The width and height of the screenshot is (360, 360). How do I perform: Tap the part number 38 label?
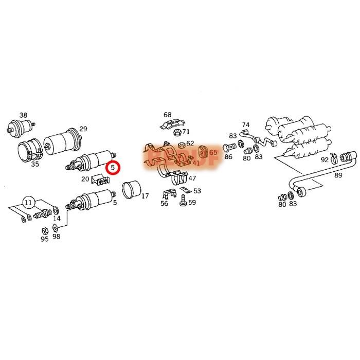pos(24,115)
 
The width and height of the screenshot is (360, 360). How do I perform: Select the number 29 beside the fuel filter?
pos(83,129)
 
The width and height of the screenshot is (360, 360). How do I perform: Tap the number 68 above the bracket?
pos(168,114)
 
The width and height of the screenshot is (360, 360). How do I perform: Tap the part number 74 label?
pos(245,125)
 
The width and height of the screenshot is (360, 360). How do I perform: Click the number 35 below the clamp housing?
pos(35,165)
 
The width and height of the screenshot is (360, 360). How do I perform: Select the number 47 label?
pos(192,178)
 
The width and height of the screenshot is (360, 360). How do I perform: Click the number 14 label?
pos(57,219)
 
